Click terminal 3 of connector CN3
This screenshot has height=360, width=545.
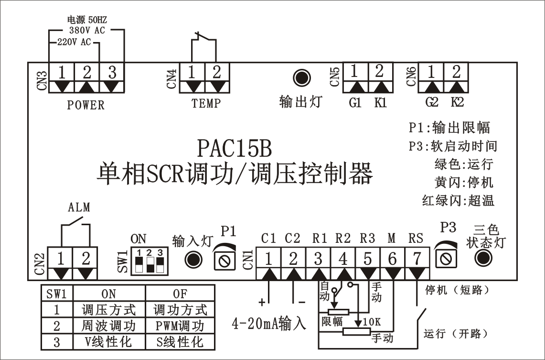tap(112, 73)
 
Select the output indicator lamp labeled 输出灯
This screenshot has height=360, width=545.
tap(301, 77)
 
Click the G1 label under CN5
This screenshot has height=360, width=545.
tap(355, 103)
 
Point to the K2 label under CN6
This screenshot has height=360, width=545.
tap(456, 103)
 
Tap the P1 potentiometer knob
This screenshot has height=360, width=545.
tap(226, 260)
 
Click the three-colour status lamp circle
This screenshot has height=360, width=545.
tap(483, 258)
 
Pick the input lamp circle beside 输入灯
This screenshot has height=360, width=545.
tap(193, 260)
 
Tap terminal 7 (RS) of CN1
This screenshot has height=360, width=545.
tap(417, 259)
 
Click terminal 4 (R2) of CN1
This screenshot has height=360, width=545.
tap(342, 259)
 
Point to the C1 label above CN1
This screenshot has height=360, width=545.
tap(269, 238)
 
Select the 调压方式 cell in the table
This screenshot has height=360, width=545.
tap(109, 310)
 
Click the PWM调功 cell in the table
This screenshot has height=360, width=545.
tap(180, 326)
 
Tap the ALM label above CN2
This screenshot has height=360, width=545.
tap(79, 207)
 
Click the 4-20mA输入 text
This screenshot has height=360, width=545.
tap(269, 324)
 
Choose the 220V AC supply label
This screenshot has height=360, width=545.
tap(74, 42)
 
